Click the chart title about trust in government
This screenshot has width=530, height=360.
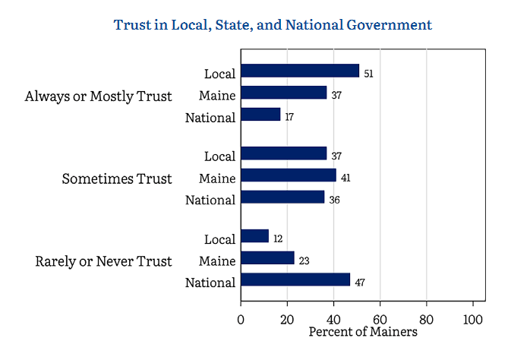[273, 25]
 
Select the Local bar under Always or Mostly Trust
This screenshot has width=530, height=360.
[299, 71]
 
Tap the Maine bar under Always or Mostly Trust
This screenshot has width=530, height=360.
[283, 93]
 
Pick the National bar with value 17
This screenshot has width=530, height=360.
[260, 115]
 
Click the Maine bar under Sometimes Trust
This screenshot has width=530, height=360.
[288, 175]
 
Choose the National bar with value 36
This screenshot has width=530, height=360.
[282, 197]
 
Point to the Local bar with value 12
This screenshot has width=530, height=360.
[254, 236]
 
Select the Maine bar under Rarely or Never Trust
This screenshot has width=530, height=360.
[267, 258]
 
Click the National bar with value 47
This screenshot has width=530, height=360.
[295, 279]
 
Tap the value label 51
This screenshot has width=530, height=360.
[369, 74]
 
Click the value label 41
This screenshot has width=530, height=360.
[345, 178]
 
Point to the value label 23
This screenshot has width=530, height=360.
[304, 261]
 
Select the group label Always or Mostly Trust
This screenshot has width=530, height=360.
[99, 96]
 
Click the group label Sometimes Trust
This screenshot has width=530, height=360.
[117, 179]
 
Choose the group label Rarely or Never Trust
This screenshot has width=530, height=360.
[104, 261]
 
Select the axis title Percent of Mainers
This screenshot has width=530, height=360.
[363, 332]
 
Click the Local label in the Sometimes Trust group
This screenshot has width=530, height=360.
[220, 156]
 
